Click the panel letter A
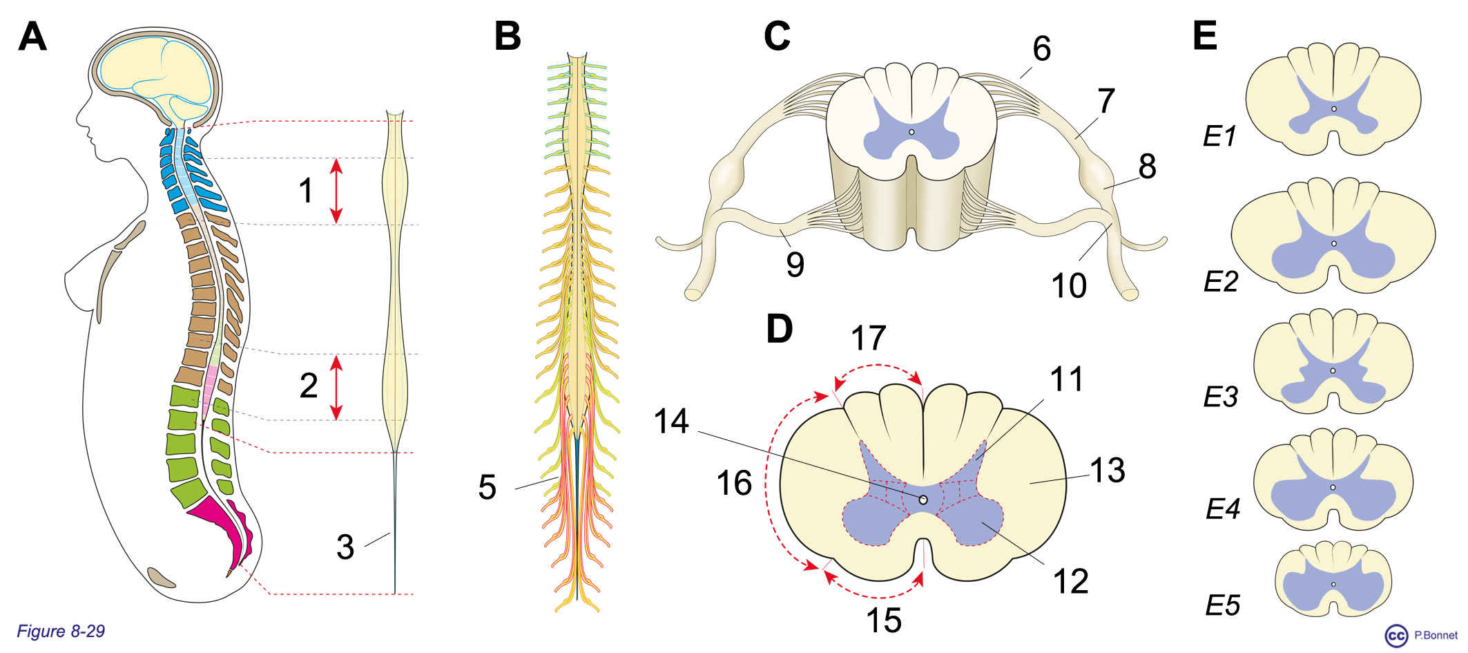[x=32, y=37]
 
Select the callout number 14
[x=671, y=422]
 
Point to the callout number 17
[x=868, y=339]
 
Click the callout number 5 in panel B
[x=487, y=487]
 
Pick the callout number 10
[x=1068, y=285]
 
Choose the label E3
[x=1220, y=397]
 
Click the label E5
[x=1222, y=606]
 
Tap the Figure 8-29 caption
[x=61, y=631]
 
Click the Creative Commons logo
[x=1396, y=636]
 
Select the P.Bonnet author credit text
[x=1436, y=635]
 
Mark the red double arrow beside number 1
[x=336, y=191]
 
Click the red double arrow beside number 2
[x=336, y=387]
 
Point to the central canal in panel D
[x=923, y=499]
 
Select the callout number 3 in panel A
[x=345, y=547]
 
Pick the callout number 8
[x=1147, y=167]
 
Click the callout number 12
[x=1070, y=581]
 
